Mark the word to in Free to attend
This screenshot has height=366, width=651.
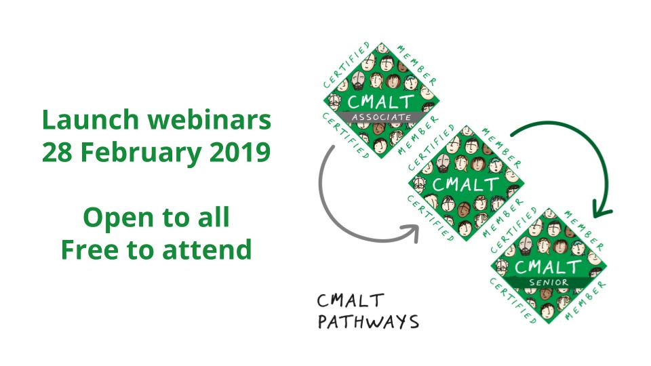coord(141,249)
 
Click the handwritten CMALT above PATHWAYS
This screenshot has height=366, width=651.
coord(351,300)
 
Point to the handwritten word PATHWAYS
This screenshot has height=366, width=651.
coord(368,321)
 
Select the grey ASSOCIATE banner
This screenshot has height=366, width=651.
coord(382,118)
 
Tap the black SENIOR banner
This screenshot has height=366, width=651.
coord(549,282)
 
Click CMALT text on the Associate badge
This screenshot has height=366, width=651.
coord(380,102)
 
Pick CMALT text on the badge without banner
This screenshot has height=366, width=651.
coord(465,184)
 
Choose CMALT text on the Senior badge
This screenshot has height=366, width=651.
coord(549,266)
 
